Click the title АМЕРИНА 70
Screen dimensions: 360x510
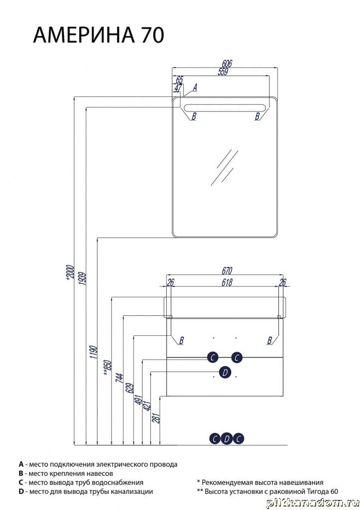point(99,35)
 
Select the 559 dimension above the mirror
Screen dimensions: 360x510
point(223,72)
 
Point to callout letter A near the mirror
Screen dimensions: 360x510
point(195,87)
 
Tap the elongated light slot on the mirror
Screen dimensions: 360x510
point(225,108)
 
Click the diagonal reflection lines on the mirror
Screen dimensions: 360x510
point(225,167)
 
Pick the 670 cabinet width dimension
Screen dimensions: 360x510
point(227,270)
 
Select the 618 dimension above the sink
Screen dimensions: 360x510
point(227,282)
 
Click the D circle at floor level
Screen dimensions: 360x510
point(227,439)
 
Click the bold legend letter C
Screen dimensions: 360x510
point(21,482)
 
